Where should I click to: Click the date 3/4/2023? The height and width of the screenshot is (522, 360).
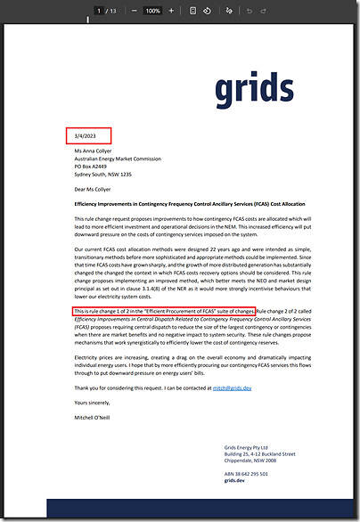pyautogui.click(x=86, y=136)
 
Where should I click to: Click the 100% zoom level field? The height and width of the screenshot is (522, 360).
pyautogui.click(x=152, y=11)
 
